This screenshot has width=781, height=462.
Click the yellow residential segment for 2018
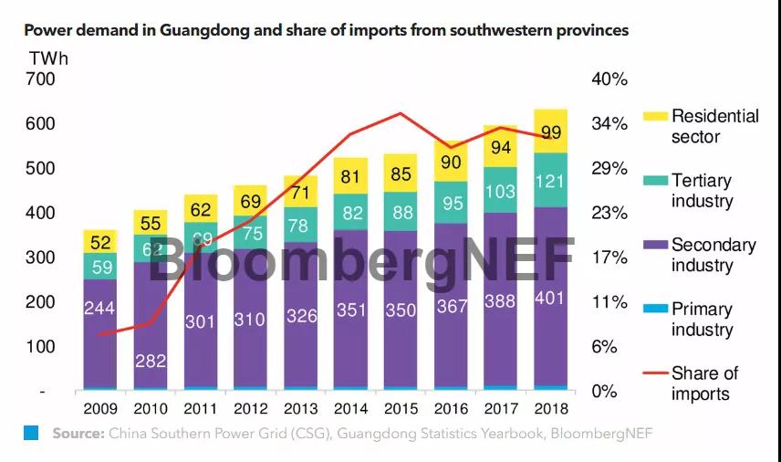coord(550,131)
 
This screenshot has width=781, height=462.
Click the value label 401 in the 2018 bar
coord(550,299)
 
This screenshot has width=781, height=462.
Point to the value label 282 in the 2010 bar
coord(150,361)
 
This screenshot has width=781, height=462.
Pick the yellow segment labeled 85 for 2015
coord(400,173)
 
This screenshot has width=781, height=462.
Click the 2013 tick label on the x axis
coord(299,408)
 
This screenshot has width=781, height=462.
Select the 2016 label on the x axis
coord(450,408)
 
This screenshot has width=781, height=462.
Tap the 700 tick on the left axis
coord(40,79)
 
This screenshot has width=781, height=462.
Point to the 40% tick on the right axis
coord(609,79)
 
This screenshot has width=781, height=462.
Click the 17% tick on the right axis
coord(609,257)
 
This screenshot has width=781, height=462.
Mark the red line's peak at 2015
coord(400,113)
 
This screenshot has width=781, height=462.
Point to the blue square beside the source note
coord(31,433)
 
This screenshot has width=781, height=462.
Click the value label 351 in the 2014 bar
coord(349,310)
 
